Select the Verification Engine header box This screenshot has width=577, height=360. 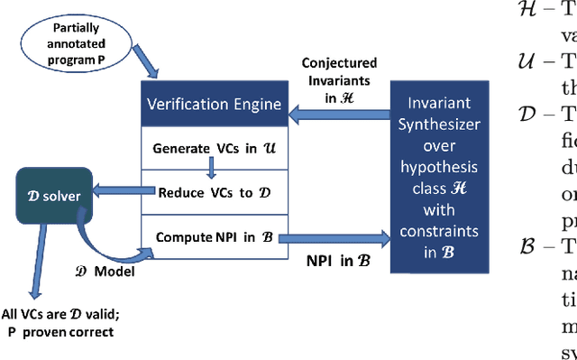tap(209, 105)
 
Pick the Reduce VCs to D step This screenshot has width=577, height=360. tap(208, 191)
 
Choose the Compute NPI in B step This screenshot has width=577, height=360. tap(208, 237)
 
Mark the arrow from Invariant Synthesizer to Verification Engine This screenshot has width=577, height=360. tap(336, 105)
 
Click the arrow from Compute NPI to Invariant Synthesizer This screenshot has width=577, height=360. tap(333, 238)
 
